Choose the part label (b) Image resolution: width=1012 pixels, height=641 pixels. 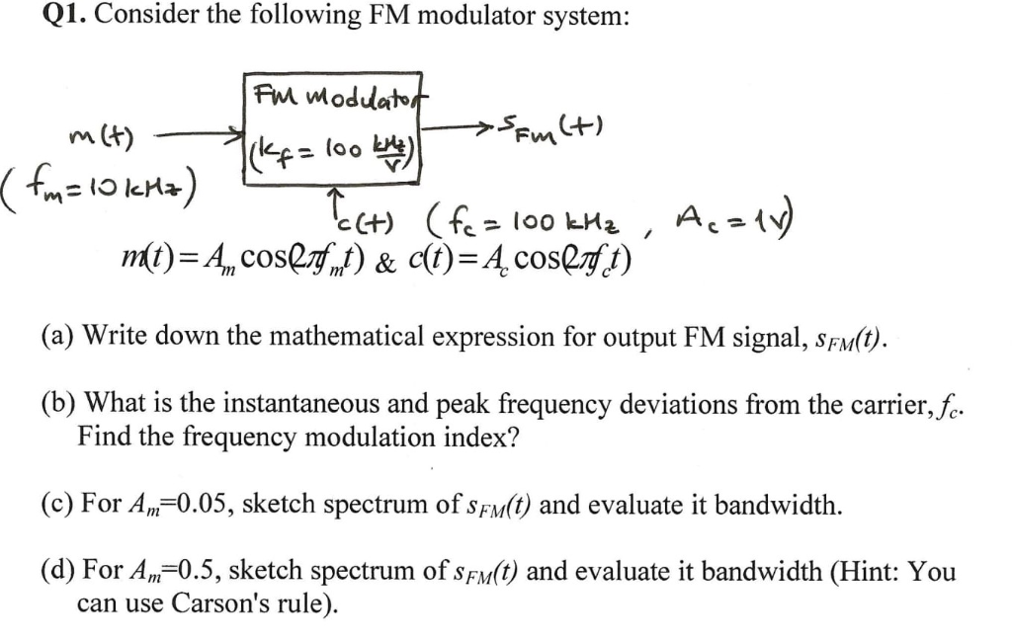pyautogui.click(x=59, y=405)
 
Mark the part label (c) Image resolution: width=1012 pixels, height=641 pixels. pyautogui.click(x=58, y=506)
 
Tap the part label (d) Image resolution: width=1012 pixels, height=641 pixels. pyautogui.click(x=59, y=572)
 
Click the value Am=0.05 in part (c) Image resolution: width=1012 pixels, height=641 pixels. pyautogui.click(x=178, y=507)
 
